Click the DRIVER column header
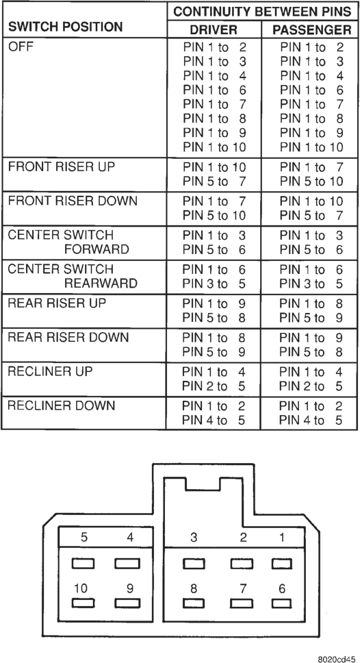coord(214,29)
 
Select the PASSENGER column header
coord(312,29)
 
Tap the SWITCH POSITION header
coord(66,27)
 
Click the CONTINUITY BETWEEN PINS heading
coord(262,12)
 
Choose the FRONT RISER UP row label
coord(62,166)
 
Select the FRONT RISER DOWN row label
coord(73,200)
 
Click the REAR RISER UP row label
coord(57,303)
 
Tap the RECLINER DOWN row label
coord(62,405)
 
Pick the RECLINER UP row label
coord(50,371)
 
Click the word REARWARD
coord(101,283)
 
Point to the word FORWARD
coord(97,249)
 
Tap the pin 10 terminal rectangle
coord(83,603)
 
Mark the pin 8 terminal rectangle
coord(194,603)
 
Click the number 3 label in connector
coord(194,538)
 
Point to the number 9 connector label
coord(130,588)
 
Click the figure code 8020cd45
coord(337,658)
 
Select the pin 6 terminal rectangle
coord(281,603)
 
